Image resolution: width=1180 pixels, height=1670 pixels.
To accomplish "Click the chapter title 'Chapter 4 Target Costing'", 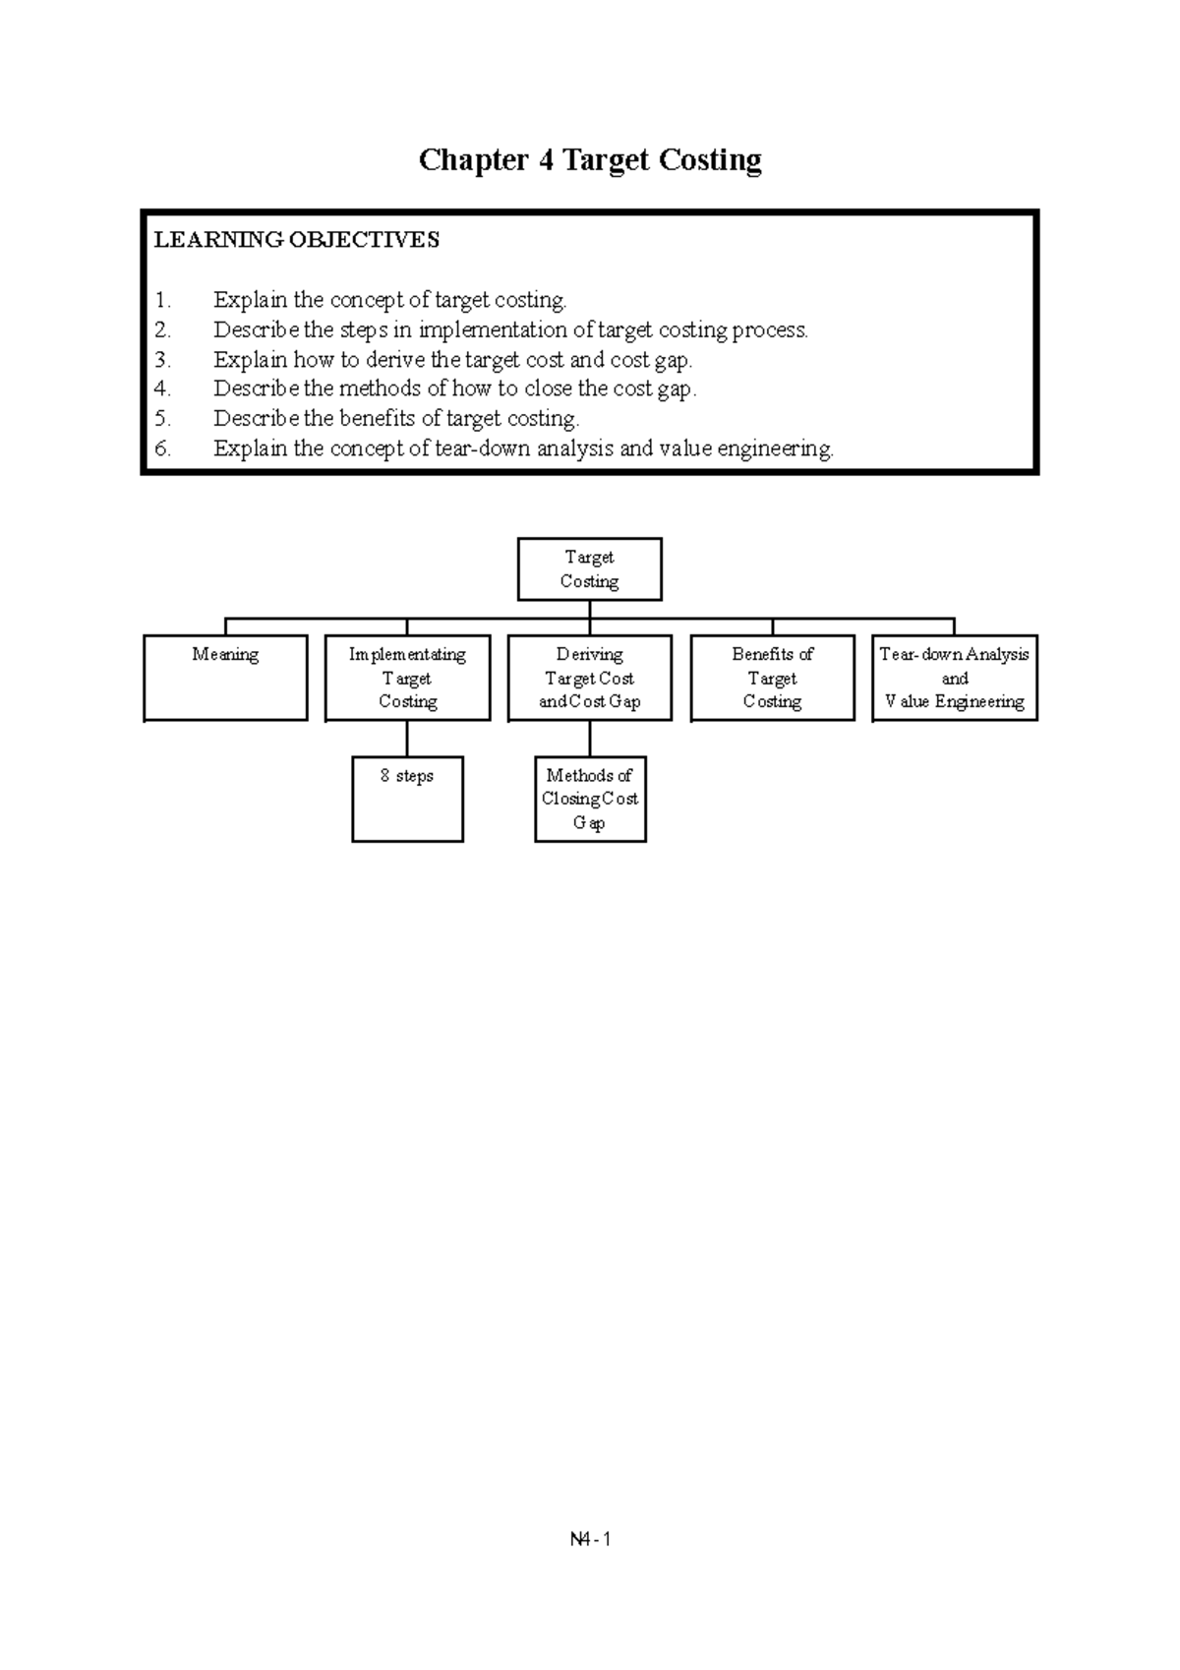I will [590, 160].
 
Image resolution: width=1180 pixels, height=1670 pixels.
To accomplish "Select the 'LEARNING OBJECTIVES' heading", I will [297, 240].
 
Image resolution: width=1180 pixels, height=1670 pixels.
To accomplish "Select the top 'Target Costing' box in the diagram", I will [590, 569].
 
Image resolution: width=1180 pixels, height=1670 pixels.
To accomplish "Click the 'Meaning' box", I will [225, 678].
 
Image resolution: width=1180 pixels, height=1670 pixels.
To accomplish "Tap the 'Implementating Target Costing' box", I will [407, 678].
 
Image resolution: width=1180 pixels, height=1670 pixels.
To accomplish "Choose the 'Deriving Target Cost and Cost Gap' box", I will [590, 678].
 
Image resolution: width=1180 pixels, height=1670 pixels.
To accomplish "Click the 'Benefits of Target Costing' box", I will [772, 678].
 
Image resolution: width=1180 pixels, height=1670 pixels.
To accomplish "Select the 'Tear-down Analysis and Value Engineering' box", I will [955, 678].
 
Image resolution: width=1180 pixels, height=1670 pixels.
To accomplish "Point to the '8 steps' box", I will [407, 799].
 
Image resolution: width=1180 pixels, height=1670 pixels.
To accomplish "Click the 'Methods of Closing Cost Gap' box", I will [590, 799].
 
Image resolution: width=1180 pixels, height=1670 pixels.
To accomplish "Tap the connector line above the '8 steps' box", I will [407, 739].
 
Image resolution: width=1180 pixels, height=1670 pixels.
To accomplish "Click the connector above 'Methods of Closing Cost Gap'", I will [590, 739].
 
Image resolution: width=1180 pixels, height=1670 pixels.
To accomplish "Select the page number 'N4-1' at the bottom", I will [590, 1539].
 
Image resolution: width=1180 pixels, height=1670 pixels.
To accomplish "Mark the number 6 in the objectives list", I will [162, 449].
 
